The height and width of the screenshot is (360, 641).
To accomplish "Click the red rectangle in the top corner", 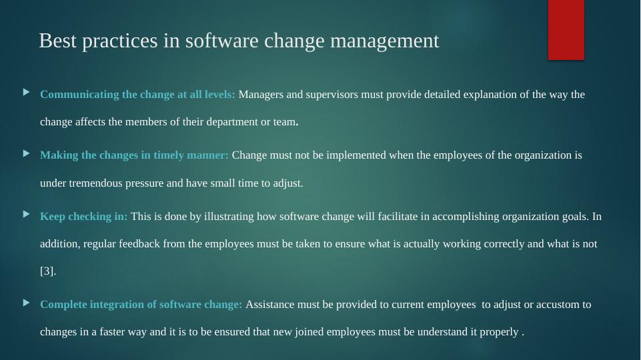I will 566,29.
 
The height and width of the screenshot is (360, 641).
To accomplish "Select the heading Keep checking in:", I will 84,216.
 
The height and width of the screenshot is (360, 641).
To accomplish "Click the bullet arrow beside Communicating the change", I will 27,92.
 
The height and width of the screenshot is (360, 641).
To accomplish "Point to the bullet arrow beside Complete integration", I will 27,302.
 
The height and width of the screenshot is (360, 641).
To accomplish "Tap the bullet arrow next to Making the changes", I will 27,153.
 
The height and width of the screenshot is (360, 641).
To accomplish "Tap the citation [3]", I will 47,271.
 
